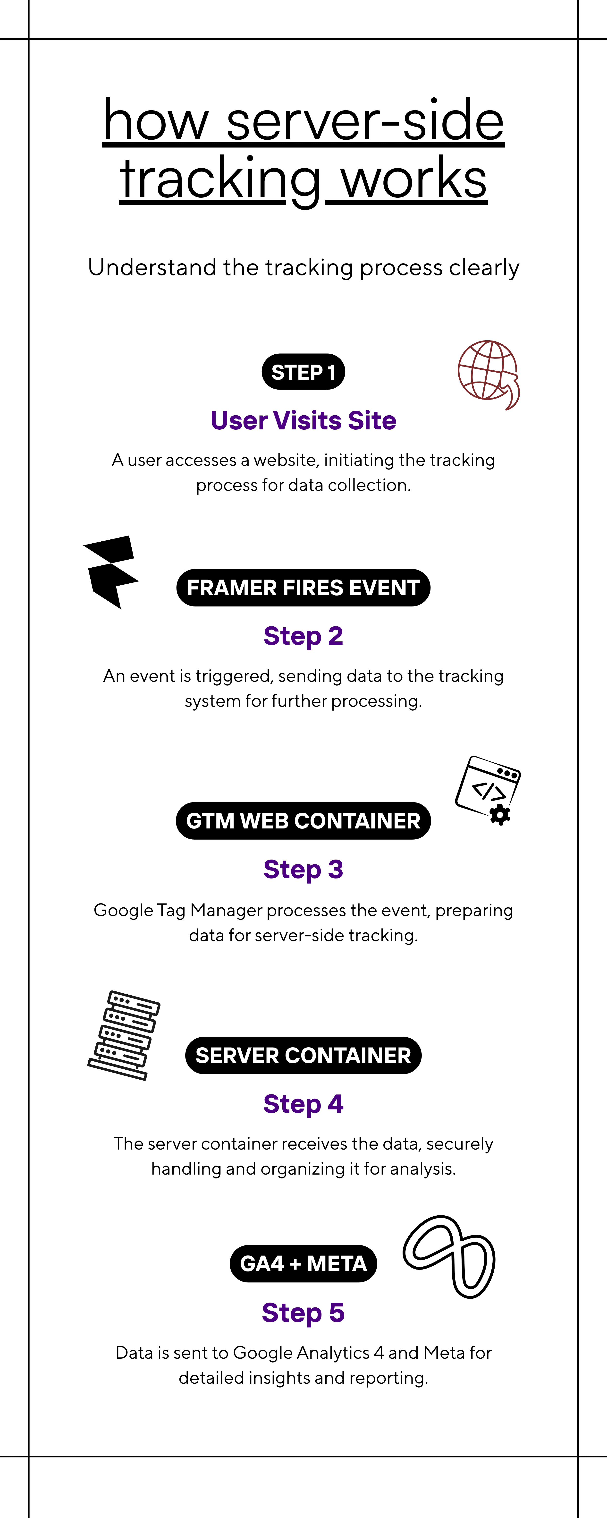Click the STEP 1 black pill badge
point(303,372)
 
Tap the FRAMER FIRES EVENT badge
point(303,588)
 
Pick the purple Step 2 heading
point(303,636)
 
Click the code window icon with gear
point(488,790)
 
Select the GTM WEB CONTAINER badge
point(303,821)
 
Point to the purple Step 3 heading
point(303,869)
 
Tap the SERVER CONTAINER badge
point(303,1055)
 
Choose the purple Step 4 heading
point(303,1104)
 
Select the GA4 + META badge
point(303,1264)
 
